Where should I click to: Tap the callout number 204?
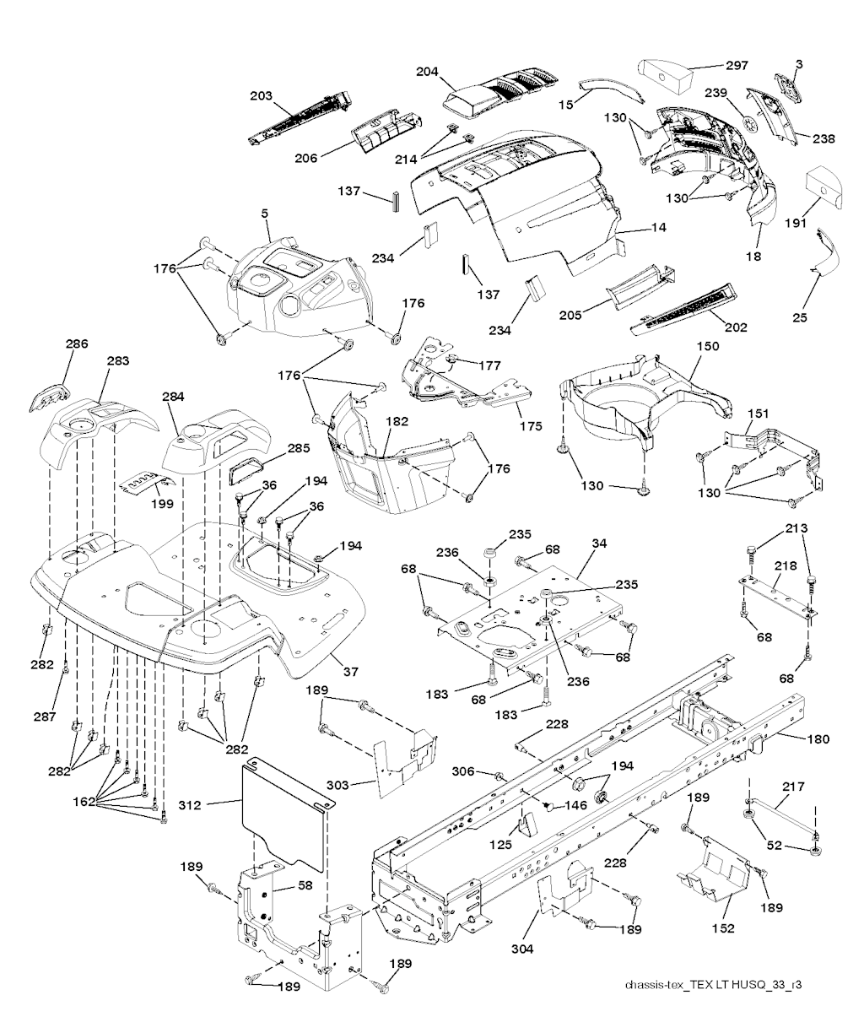[428, 73]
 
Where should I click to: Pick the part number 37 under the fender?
[350, 672]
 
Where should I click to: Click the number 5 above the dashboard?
[265, 214]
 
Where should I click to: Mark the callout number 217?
[794, 787]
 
